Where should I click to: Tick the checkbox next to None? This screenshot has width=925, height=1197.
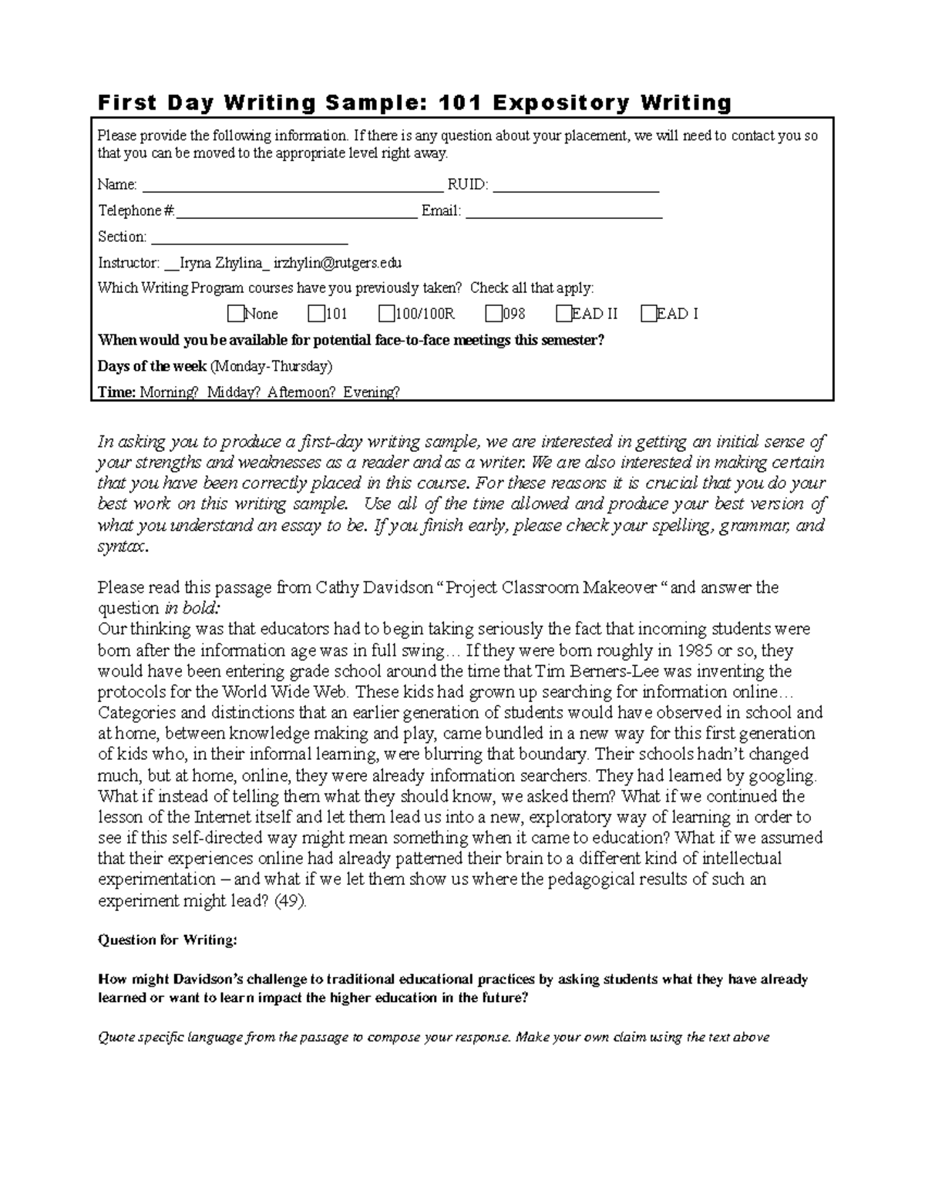click(235, 314)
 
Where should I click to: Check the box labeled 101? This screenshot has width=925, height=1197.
click(316, 314)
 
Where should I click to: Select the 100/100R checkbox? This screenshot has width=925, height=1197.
click(386, 314)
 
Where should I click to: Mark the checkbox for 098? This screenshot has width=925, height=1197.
click(493, 314)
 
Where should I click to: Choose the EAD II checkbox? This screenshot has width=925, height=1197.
click(563, 314)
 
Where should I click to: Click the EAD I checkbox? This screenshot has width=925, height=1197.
click(647, 314)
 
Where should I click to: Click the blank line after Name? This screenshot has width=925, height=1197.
click(293, 185)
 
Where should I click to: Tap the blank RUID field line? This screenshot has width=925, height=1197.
click(576, 185)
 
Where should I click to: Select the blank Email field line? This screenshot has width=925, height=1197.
click(564, 211)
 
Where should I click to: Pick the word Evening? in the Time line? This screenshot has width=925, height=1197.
click(372, 392)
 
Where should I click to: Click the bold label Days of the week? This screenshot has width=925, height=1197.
click(152, 365)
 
